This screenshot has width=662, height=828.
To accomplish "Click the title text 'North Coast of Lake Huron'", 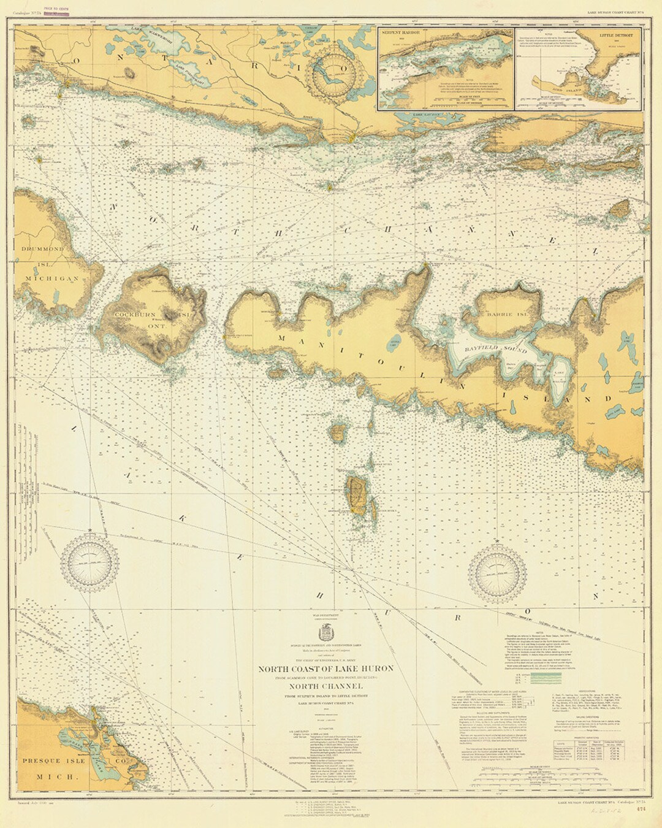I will (326, 668).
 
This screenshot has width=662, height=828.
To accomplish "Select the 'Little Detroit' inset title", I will (616, 36).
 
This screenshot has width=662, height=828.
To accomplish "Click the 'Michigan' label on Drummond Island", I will (51, 278).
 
